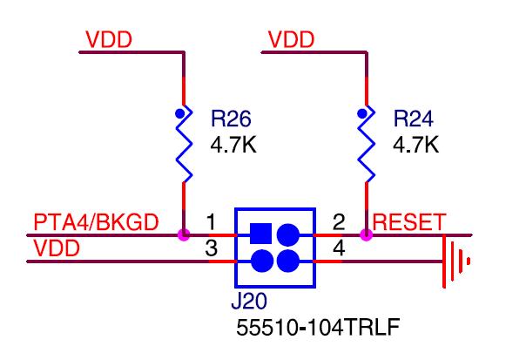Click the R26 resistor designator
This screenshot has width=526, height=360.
click(x=231, y=118)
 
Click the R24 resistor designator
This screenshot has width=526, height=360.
click(x=414, y=118)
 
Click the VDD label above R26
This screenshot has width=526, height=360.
click(x=109, y=40)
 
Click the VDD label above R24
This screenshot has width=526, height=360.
click(x=292, y=40)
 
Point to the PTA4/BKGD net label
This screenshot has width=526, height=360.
click(x=96, y=222)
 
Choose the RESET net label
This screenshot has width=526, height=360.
click(x=409, y=222)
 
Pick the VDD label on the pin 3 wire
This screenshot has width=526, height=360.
click(x=57, y=248)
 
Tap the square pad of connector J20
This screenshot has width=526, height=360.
click(x=260, y=234)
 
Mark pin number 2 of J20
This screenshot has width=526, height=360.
click(x=340, y=221)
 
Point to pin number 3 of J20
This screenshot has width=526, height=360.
click(x=211, y=248)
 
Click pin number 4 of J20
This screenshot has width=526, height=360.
click(x=340, y=248)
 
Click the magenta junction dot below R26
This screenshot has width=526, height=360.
click(x=184, y=234)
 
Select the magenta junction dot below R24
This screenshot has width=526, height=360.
click(x=367, y=234)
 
